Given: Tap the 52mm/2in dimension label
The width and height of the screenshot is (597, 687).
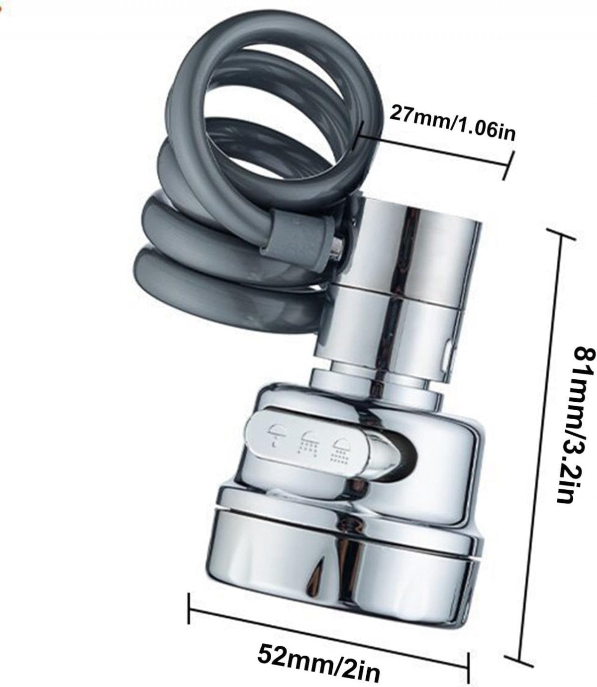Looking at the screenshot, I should pyautogui.click(x=319, y=659).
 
